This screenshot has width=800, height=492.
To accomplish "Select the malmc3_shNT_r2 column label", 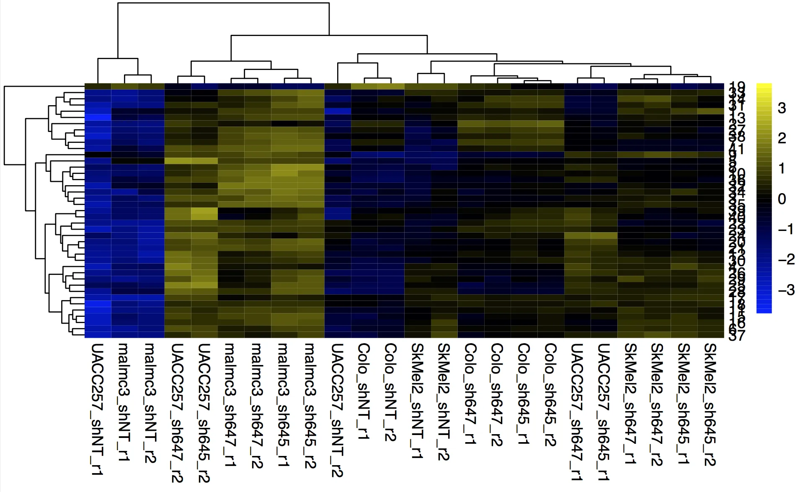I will pos(150,403).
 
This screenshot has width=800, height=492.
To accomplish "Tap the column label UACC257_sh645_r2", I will pos(204,413).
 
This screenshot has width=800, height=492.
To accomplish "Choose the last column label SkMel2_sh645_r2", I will pos(710,404).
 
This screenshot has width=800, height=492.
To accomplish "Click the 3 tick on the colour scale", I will pos(782,109).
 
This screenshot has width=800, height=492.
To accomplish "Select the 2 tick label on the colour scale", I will pos(782,139).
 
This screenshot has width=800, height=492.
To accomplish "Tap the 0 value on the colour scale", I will pos(782,199).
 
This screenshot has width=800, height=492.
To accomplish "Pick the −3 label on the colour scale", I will pos(786,290).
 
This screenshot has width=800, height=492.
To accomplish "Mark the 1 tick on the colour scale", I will pos(782,169).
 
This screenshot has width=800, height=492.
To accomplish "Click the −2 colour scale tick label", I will pos(786,260).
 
